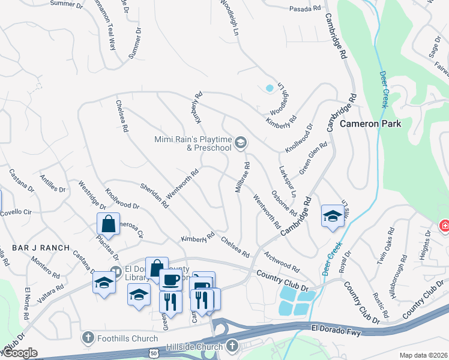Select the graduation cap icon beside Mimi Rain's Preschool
[x=240, y=142]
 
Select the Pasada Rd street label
[x=306, y=9]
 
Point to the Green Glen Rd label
[x=314, y=155]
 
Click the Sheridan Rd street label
[x=154, y=196]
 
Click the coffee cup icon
[x=170, y=279]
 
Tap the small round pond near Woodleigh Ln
[x=269, y=88]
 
